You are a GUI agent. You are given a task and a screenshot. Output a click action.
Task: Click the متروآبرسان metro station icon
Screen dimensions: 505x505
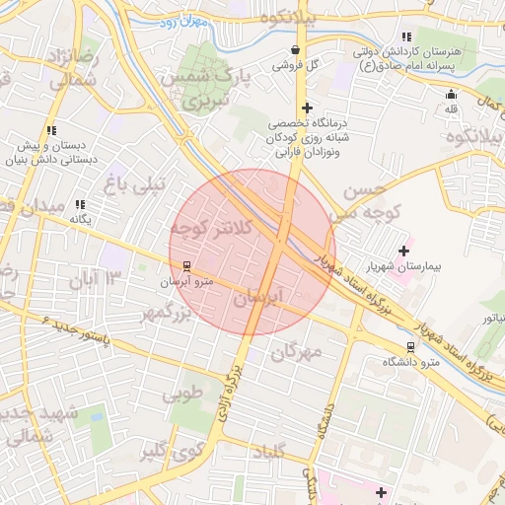[x=185, y=266]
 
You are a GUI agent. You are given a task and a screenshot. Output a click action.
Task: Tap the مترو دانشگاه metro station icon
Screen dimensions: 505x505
[x=411, y=347]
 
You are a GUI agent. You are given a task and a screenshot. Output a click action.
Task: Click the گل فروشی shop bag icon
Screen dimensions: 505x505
[x=295, y=49]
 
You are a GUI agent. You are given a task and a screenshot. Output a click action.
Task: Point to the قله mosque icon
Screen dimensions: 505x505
[x=452, y=95]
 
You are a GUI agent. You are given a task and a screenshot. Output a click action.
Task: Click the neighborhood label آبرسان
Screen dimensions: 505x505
[x=262, y=297]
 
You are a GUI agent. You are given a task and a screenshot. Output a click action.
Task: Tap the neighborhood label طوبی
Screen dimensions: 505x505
[x=182, y=394]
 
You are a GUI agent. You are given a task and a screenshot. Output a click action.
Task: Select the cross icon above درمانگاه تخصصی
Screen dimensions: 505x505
[x=307, y=107]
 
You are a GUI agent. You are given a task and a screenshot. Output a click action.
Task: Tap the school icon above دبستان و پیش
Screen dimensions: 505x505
[x=51, y=129]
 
